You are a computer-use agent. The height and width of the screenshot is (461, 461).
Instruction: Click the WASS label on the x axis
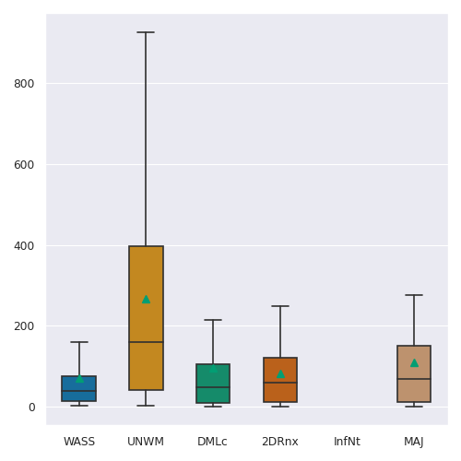point(79,442)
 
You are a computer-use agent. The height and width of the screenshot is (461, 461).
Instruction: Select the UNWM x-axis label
point(146,442)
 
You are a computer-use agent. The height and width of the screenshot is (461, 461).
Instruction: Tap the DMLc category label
point(212,442)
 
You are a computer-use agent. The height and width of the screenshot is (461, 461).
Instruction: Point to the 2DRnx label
point(280,442)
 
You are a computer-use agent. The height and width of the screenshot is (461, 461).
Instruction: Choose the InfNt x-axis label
point(347,442)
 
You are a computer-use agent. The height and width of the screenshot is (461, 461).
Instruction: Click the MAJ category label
point(414,442)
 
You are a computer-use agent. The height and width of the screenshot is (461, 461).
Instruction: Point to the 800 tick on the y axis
point(24,84)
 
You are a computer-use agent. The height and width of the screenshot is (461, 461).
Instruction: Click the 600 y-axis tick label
point(24,165)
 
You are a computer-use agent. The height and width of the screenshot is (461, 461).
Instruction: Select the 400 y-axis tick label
point(24,246)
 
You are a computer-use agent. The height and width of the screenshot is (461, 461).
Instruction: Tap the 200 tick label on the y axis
point(24,325)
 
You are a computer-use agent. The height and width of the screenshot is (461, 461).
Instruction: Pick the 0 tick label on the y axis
point(31,408)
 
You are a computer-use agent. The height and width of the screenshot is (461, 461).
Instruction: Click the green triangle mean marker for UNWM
point(146,300)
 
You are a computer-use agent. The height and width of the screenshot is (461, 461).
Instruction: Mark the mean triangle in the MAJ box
point(414,363)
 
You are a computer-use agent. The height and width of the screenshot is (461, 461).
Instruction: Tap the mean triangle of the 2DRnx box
point(280,374)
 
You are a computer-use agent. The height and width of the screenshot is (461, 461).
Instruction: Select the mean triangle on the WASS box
point(79,379)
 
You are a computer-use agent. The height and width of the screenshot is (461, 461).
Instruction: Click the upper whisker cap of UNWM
point(146,32)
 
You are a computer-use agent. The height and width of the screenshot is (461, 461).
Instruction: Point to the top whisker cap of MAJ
point(414,295)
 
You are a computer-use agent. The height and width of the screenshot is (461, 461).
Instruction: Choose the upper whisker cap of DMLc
point(213,320)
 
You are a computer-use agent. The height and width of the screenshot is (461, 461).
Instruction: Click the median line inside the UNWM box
point(146,342)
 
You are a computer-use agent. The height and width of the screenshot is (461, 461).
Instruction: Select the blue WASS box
point(79,388)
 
